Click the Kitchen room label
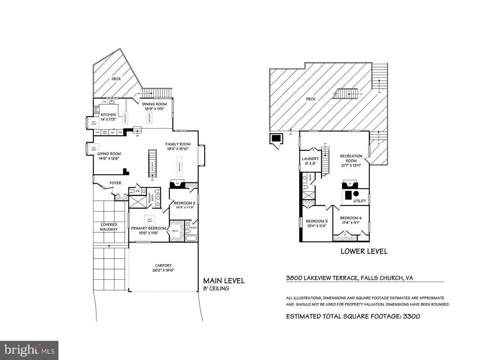[x=108, y=115]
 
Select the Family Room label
[x=178, y=144]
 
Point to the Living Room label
[x=109, y=154]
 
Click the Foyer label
[x=115, y=183]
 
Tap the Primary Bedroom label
[x=149, y=228]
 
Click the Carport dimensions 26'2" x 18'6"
[x=163, y=270]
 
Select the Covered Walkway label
[x=109, y=227]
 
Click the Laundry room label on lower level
[x=310, y=159]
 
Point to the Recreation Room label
[x=351, y=158]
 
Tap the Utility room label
[x=360, y=201]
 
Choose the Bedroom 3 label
[x=317, y=221]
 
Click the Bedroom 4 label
[x=351, y=218]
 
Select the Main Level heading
[x=224, y=281]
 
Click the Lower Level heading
[x=364, y=251]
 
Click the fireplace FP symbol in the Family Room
[x=178, y=184]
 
